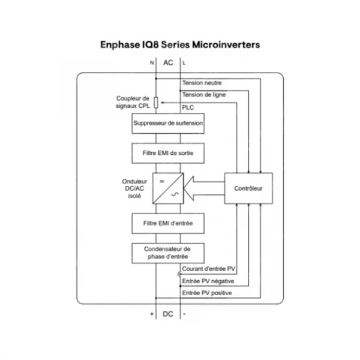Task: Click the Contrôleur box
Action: (x=248, y=188)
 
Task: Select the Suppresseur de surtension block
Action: (x=168, y=123)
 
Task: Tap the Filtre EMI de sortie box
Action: (x=168, y=153)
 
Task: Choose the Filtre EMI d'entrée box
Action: (x=168, y=223)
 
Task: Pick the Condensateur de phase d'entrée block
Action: (x=168, y=253)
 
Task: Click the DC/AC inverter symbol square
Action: (x=168, y=188)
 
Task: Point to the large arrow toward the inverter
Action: (x=204, y=188)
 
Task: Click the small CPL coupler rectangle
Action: (x=156, y=103)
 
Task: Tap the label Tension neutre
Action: (x=202, y=83)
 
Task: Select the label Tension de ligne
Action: (x=204, y=95)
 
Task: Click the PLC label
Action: (x=188, y=107)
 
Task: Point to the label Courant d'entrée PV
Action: (x=208, y=269)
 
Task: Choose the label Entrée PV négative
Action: (x=208, y=281)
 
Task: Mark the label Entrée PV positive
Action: (x=207, y=293)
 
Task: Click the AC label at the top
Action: (x=168, y=62)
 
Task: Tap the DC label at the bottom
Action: (x=168, y=314)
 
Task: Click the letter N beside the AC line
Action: (x=152, y=62)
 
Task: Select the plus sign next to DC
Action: (x=152, y=314)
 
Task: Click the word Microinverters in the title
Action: (x=226, y=44)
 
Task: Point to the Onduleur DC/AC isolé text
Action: (x=134, y=188)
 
